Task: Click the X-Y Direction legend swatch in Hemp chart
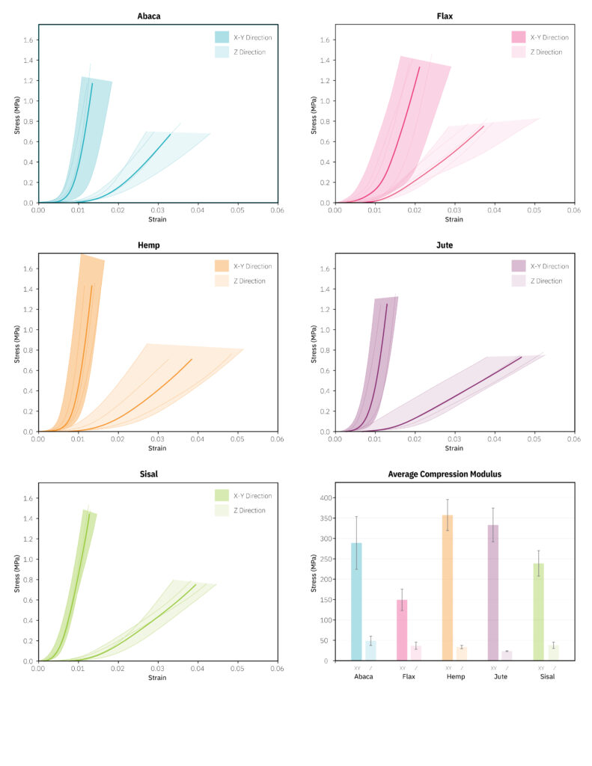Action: [x=222, y=266]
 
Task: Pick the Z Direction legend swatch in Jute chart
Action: [x=518, y=281]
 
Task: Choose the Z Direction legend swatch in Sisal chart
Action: [x=222, y=510]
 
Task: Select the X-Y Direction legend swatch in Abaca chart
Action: [x=222, y=37]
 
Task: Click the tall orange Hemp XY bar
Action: [x=448, y=587]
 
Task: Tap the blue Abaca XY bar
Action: [x=356, y=601]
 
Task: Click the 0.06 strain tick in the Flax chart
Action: [x=573, y=211]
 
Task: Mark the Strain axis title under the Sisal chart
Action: [x=157, y=678]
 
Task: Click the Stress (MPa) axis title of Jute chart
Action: [x=314, y=343]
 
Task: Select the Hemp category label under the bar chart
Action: [x=455, y=676]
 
